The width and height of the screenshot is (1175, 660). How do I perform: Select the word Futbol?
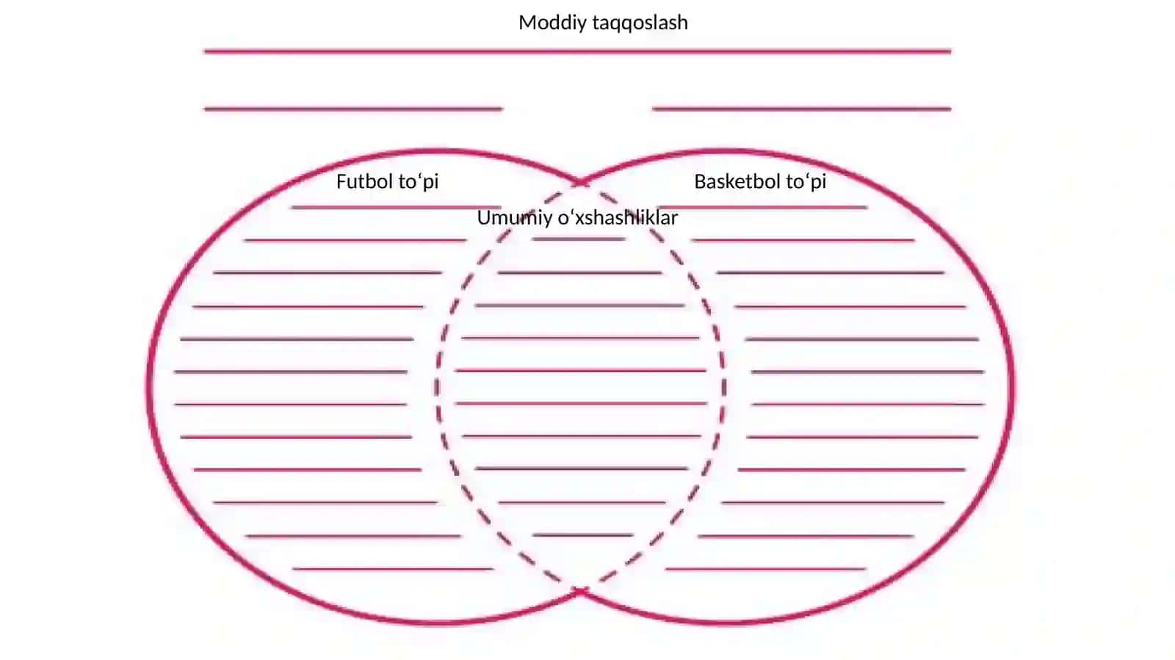[x=364, y=181]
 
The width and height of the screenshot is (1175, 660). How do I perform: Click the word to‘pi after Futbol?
[x=419, y=182]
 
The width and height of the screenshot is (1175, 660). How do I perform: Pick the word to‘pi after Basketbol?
[x=806, y=182]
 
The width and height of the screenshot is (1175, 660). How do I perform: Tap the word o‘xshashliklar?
[x=618, y=218]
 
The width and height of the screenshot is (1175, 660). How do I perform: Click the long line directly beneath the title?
[x=577, y=51]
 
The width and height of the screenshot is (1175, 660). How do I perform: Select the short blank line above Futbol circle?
[x=353, y=109]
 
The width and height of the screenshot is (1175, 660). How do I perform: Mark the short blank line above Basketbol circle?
[x=801, y=109]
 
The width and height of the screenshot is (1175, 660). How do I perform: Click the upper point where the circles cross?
[x=581, y=183]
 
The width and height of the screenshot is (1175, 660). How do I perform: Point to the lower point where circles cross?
[x=581, y=591]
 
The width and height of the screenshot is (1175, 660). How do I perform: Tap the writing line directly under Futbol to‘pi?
[x=396, y=208]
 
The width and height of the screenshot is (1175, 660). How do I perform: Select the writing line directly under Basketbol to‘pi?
[x=762, y=208]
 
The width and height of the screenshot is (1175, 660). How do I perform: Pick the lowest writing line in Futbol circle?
[x=393, y=568]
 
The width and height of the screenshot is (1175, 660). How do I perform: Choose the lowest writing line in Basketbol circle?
[x=765, y=568]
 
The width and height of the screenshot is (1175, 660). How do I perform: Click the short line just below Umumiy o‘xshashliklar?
[x=578, y=239]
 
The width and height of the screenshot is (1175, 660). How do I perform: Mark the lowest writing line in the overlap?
[x=583, y=535]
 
